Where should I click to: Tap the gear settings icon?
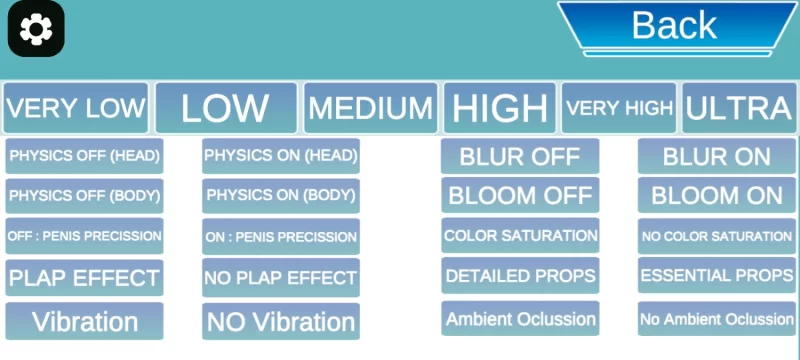(36, 29)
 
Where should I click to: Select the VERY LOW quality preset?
(76, 108)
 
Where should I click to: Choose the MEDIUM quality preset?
(370, 108)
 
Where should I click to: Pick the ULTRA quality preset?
(739, 108)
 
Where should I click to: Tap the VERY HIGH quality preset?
(619, 108)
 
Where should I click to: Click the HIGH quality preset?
(499, 108)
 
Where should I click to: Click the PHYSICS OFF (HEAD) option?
(84, 156)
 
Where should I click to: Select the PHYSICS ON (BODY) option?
(281, 196)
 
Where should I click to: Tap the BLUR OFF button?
(520, 156)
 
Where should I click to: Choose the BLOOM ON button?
(717, 195)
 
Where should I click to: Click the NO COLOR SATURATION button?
(717, 236)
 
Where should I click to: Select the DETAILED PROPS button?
(520, 276)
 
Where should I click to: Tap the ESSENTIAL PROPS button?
(717, 276)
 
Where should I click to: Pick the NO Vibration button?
(281, 322)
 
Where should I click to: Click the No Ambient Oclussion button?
(717, 319)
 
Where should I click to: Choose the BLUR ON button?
(717, 156)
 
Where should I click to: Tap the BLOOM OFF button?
(520, 195)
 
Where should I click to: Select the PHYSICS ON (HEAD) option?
(281, 156)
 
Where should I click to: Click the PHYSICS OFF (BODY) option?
(84, 196)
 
